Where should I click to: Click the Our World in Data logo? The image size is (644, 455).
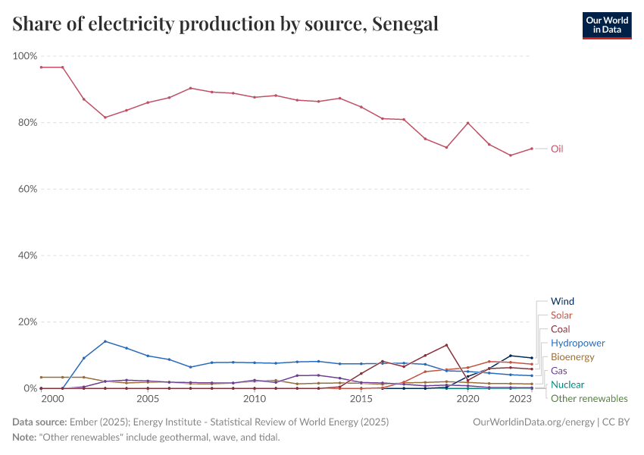tap(606, 25)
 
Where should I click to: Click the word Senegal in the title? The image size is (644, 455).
tap(405, 24)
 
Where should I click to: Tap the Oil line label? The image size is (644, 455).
tap(557, 149)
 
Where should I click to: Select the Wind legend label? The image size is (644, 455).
tap(562, 301)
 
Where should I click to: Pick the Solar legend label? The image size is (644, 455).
tap(561, 315)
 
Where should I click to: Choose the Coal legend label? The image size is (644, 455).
tap(561, 329)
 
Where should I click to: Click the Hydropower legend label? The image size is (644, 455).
tap(577, 343)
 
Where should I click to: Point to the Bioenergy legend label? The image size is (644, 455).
tap(573, 356)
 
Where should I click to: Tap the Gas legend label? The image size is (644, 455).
tap(559, 371)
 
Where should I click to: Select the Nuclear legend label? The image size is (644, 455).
tap(567, 384)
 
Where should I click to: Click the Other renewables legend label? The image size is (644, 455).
tap(589, 398)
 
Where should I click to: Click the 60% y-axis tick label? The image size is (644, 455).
tap(27, 189)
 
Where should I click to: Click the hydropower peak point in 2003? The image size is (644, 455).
tap(105, 341)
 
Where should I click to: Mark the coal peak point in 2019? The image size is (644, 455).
tap(447, 345)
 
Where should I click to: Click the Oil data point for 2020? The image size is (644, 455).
tap(468, 123)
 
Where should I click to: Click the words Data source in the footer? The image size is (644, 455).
tap(38, 421)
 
